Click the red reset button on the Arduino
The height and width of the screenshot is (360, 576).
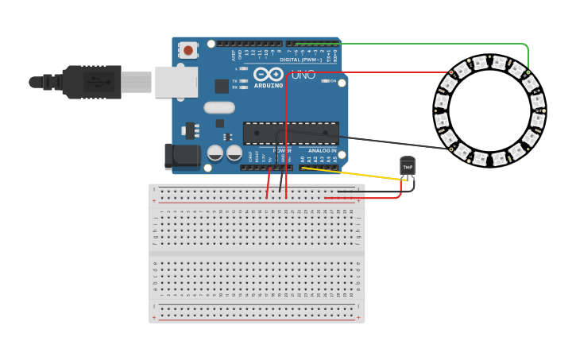point(188,50)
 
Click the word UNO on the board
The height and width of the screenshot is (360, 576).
point(303,75)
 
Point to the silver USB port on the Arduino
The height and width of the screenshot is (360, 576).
point(176,82)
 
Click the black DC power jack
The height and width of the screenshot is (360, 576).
point(181,157)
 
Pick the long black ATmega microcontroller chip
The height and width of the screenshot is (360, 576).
point(291,133)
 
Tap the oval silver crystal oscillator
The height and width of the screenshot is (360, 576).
point(219,107)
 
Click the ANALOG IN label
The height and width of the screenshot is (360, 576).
point(322,150)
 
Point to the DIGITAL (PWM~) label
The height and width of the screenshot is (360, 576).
point(301,60)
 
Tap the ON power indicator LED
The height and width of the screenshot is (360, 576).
point(326,81)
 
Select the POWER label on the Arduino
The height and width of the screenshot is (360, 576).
point(282,150)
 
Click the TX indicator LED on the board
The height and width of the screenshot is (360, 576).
point(242,81)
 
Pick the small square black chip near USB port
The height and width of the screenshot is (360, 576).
point(222,86)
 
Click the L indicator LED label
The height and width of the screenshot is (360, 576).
point(236,69)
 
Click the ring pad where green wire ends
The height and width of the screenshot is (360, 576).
point(528,72)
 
